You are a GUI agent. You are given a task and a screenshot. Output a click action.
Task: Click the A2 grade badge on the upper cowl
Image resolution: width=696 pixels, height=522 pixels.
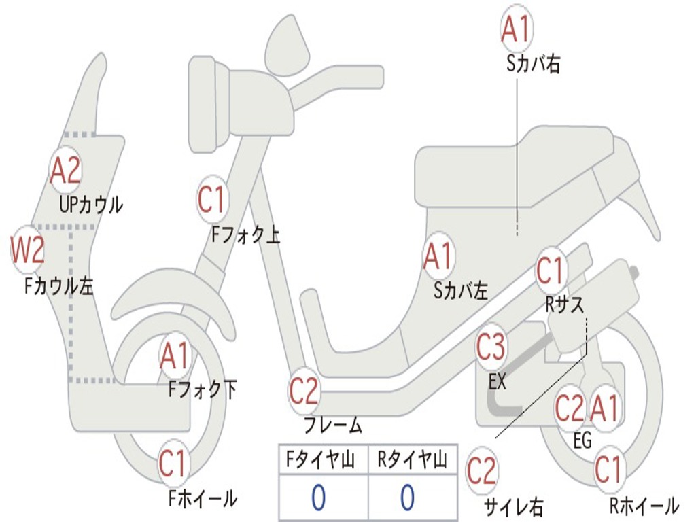66,170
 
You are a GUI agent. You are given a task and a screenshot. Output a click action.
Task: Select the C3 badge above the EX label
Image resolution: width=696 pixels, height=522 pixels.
491,347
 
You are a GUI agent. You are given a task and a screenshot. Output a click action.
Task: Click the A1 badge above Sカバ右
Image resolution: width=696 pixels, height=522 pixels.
517,29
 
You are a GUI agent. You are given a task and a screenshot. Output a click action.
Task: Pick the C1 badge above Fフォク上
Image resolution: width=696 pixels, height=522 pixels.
212,200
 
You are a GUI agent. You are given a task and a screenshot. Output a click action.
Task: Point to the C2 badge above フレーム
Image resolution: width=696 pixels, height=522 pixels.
304,391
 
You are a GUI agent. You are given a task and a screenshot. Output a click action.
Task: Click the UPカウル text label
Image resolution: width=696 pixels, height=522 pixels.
91,205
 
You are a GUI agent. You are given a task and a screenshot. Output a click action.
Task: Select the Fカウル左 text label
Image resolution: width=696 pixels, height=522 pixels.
58,285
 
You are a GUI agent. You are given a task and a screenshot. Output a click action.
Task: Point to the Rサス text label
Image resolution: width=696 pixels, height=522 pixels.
565,304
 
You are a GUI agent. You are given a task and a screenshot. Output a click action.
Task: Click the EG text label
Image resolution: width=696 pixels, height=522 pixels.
582,440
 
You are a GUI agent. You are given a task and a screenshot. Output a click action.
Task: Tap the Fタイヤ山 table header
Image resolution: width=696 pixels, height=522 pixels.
320,459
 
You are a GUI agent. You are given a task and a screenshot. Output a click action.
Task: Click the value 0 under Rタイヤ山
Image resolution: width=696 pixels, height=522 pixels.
408,497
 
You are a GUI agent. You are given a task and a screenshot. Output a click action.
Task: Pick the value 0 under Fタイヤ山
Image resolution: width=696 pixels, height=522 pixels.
319,497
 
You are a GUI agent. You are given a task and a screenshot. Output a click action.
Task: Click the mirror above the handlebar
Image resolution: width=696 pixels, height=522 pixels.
288,44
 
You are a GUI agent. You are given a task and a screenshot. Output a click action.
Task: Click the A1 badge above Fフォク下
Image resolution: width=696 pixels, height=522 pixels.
175,356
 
